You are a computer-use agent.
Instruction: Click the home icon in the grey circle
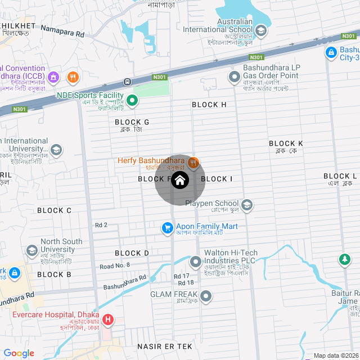(180, 180)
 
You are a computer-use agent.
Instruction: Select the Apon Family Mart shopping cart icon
(167, 228)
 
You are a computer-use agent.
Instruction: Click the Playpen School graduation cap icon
(247, 204)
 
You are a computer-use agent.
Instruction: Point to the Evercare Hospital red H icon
(107, 321)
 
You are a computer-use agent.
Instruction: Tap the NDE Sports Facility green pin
(132, 101)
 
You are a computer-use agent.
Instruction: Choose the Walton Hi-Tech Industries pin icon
(195, 262)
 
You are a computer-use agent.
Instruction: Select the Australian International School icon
(260, 30)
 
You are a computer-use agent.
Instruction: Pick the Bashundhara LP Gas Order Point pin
(234, 76)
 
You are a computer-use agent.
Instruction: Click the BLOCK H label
(209, 105)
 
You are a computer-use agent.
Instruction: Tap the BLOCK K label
(286, 143)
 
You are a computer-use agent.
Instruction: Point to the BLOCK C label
(54, 210)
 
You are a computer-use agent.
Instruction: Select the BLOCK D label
(132, 253)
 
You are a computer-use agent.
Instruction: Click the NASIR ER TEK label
(165, 348)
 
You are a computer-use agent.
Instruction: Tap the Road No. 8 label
(115, 265)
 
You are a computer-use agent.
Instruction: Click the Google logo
(19, 353)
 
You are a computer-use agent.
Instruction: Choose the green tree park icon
(343, 260)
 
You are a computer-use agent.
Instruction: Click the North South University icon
(32, 250)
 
